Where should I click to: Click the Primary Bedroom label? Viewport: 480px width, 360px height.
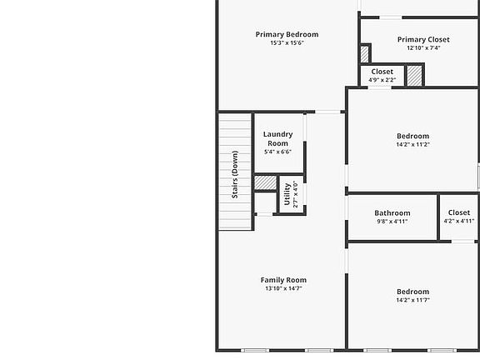(287, 34)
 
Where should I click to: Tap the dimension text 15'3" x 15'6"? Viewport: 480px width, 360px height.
(287, 43)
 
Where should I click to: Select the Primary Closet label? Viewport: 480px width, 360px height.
(422, 39)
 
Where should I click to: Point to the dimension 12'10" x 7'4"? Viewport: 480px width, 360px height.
(422, 48)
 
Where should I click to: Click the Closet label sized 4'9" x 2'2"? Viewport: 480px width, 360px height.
(382, 72)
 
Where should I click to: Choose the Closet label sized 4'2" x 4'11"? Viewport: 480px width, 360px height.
(458, 212)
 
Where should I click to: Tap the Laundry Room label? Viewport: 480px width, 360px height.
(277, 138)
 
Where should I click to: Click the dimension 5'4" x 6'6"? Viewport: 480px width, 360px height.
(277, 152)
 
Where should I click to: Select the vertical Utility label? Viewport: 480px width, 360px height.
(287, 194)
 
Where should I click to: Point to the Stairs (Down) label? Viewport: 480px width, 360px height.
(235, 173)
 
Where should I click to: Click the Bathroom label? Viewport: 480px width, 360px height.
(392, 212)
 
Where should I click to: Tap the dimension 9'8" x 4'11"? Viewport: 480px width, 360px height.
(392, 222)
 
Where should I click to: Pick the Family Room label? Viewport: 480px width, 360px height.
(283, 280)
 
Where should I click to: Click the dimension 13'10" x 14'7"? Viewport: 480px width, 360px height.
(283, 289)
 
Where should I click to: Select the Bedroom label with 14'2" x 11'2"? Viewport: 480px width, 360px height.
(412, 136)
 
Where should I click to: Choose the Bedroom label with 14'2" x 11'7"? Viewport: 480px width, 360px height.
(412, 292)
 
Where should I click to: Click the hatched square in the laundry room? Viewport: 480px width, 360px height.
(265, 182)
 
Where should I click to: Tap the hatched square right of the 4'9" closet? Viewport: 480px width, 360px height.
(415, 75)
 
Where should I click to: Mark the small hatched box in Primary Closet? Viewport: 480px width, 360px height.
(365, 53)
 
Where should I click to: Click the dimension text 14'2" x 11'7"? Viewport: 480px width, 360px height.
(412, 301)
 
